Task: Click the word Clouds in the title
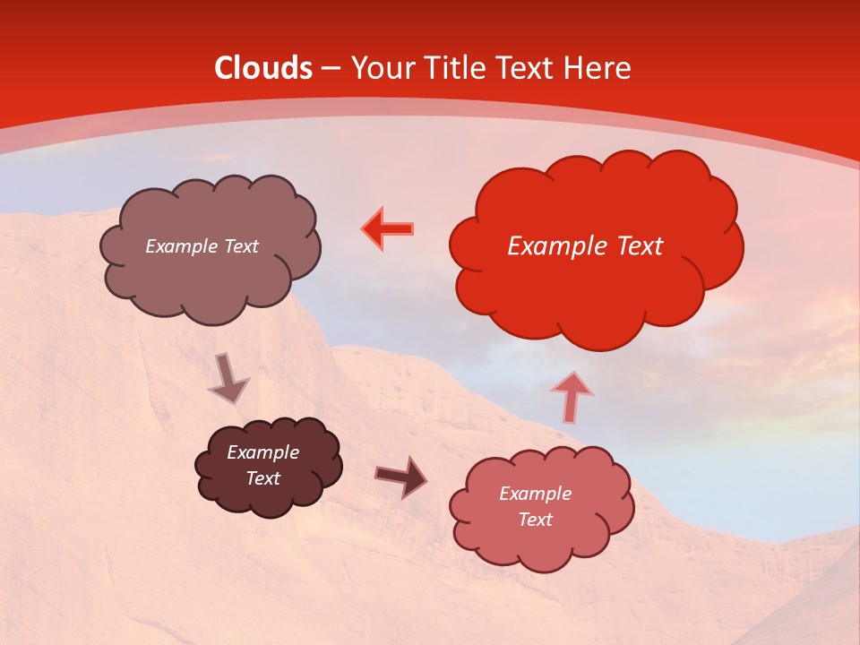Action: pos(263,68)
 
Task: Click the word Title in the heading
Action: pos(454,68)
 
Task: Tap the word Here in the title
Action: pos(598,68)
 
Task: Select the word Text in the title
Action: pos(527,68)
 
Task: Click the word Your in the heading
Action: pos(383,68)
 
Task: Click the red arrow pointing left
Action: pos(388,229)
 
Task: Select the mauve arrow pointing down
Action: pos(228,378)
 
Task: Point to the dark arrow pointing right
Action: pos(401,476)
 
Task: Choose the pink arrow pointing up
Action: pos(572,396)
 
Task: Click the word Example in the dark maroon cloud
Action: pos(263,452)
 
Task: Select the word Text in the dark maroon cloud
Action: pos(263,478)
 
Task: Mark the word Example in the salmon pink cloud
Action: pos(535,494)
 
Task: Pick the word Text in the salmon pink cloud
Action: pos(535,520)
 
